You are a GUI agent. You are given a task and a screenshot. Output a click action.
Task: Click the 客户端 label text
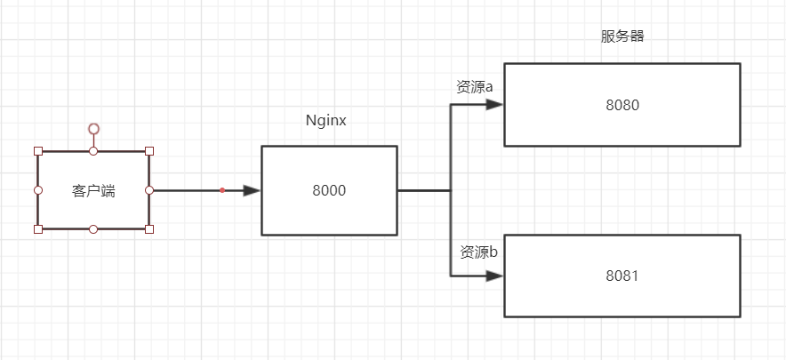93,190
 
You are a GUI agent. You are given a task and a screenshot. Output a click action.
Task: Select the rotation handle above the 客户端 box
93,129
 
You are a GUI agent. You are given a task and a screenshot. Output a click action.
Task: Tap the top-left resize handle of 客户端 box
37,151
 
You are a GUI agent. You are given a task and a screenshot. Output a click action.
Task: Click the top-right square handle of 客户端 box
149,151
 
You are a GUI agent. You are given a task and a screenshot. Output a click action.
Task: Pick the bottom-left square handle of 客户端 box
37,229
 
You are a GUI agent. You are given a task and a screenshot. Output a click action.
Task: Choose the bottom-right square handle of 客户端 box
149,229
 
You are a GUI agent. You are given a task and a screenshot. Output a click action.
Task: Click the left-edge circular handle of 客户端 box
37,190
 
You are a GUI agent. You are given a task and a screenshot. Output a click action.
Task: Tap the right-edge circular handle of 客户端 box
149,190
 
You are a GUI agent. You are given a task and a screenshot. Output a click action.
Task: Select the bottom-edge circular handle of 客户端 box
93,229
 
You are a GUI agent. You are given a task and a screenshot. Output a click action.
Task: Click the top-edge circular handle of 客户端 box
93,151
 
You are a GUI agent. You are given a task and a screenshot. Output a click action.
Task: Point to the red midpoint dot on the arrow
222,190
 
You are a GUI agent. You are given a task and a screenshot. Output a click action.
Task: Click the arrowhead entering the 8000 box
252,190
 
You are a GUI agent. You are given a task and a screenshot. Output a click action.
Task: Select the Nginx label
325,120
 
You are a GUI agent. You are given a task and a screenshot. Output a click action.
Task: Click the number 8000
329,190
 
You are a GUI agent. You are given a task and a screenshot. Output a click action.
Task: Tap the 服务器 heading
622,37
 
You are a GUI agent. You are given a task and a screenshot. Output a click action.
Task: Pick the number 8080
622,105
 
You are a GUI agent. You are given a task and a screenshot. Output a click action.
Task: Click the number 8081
622,276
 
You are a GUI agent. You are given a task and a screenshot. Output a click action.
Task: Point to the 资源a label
475,87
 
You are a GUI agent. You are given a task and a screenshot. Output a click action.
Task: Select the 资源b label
478,252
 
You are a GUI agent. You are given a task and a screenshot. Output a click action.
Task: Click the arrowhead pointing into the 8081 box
495,276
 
